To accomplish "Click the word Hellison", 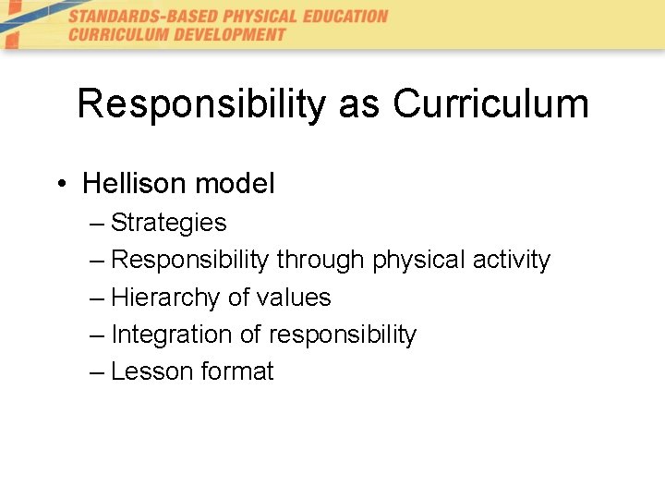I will coord(133,183).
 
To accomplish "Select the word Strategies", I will coord(168,223).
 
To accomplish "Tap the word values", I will coord(291,298).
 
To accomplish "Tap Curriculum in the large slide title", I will coord(490,103).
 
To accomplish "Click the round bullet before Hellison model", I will coord(60,184).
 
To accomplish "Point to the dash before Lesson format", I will coord(98,372).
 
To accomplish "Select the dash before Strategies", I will coord(98,224).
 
